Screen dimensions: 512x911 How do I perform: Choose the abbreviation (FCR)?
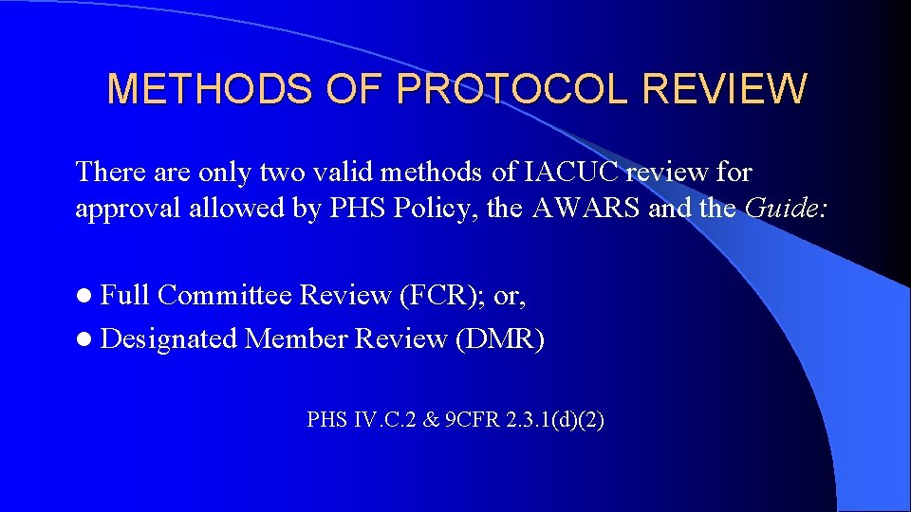coord(443,296)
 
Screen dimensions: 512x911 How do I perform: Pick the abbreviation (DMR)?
coord(500,338)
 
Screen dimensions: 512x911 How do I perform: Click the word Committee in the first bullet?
coord(225,296)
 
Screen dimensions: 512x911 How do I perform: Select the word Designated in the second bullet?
coord(169,338)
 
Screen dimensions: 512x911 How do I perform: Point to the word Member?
coord(296,338)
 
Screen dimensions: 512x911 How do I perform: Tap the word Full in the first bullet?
coord(125,296)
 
